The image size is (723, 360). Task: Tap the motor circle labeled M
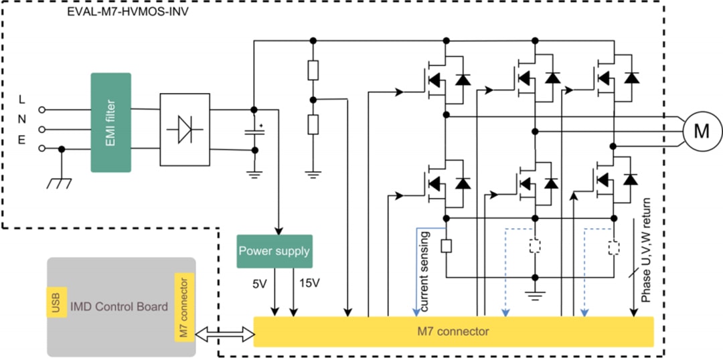(700, 131)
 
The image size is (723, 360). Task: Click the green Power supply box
(274, 251)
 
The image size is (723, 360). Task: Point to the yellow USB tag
(56, 303)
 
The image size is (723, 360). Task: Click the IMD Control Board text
(119, 307)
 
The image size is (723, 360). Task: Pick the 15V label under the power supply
(309, 283)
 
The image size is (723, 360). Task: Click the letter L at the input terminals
(22, 100)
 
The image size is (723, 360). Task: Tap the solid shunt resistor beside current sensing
(446, 246)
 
